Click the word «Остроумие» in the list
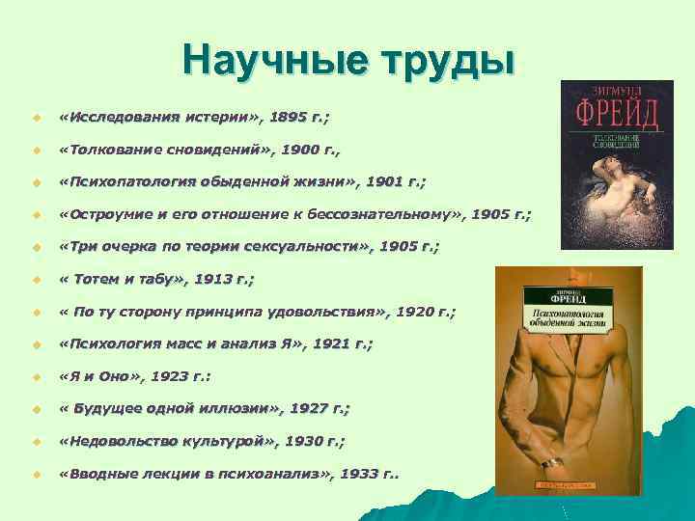click(106, 214)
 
